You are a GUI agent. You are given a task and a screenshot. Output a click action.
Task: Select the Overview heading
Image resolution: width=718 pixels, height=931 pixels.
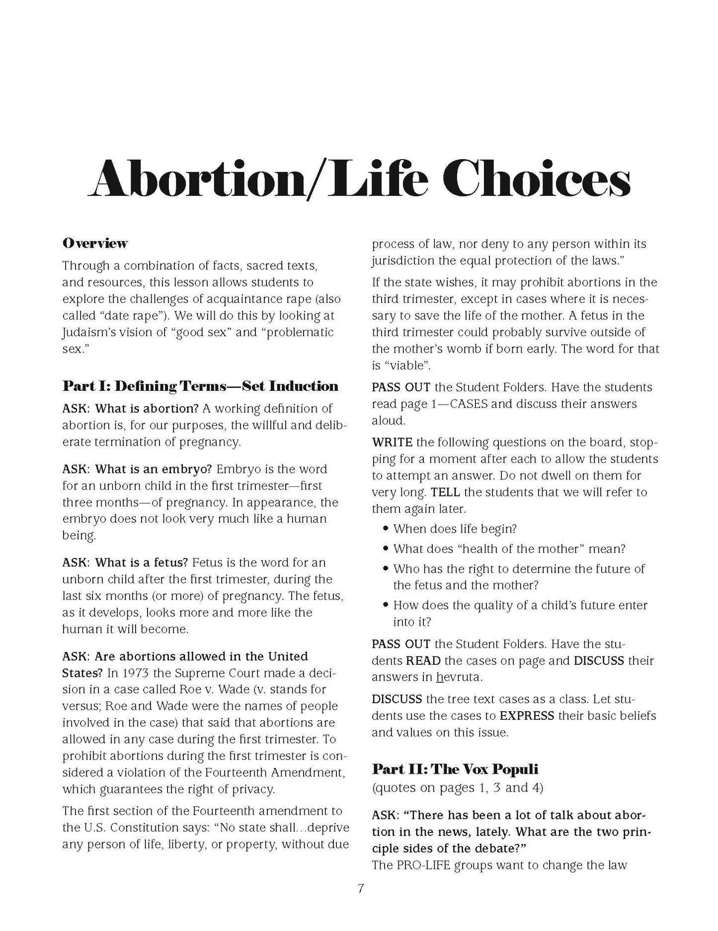point(95,243)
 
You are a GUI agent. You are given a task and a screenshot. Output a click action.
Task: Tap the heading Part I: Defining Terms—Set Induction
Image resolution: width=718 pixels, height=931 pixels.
point(200,386)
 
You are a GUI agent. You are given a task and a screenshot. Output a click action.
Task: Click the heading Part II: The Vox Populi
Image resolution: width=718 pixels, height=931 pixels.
point(455,769)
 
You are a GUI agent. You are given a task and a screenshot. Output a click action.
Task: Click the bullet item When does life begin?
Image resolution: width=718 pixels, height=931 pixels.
point(455,529)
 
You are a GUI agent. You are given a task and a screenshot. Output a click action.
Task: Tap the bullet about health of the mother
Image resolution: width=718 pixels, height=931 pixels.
point(509,549)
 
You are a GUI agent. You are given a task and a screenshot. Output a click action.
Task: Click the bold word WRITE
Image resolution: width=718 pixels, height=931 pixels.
point(393,442)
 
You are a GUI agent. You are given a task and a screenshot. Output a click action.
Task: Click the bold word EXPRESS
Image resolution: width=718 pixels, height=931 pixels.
point(527,716)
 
